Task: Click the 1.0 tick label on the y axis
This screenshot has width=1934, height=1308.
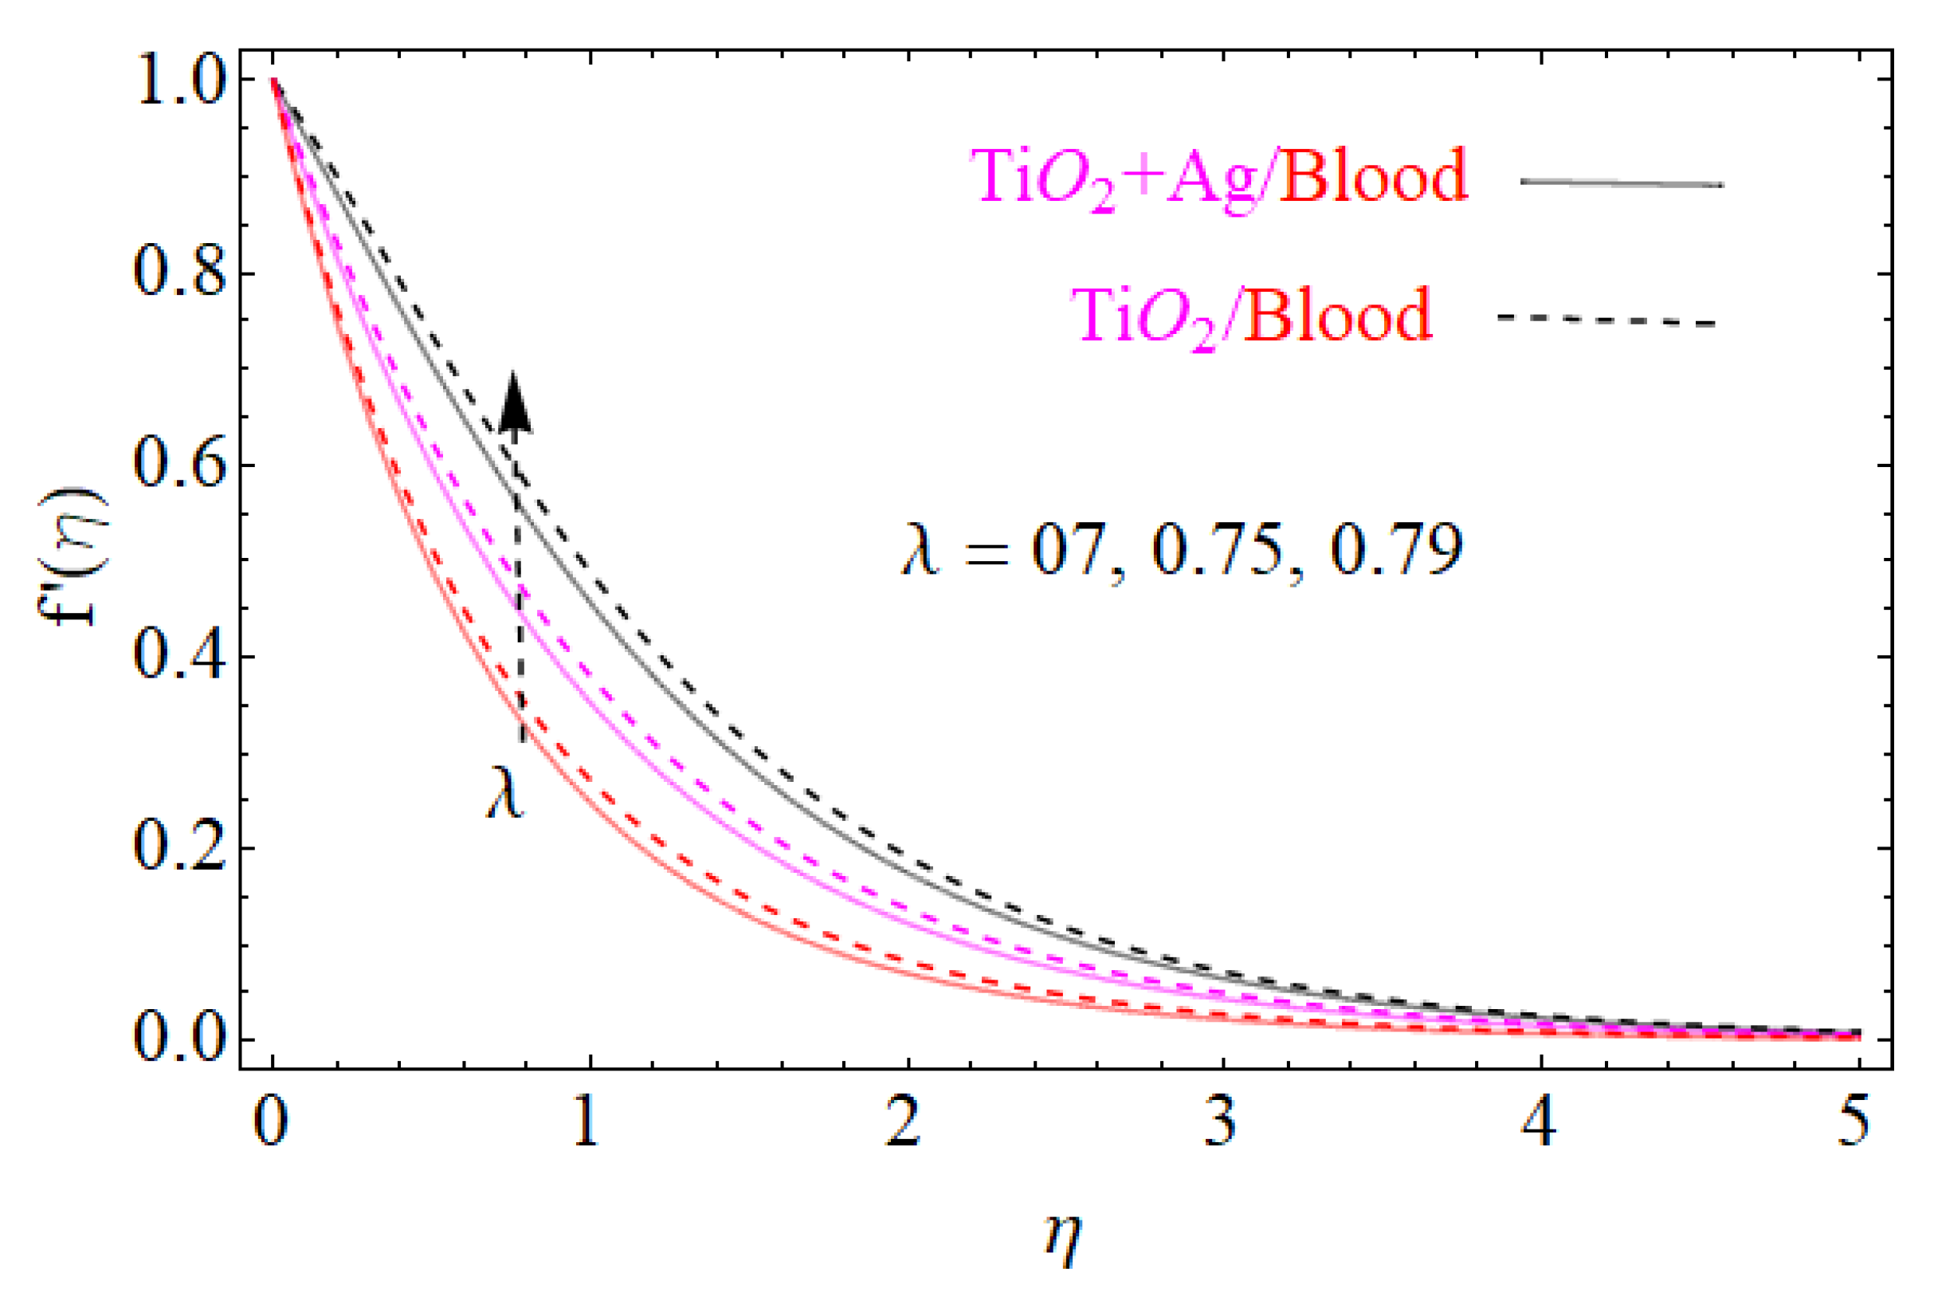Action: pyautogui.click(x=180, y=81)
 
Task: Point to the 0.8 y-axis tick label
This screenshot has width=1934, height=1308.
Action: pyautogui.click(x=180, y=274)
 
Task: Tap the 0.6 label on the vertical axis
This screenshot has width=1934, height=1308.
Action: pyautogui.click(x=180, y=465)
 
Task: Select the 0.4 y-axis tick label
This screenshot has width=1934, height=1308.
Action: pyautogui.click(x=180, y=657)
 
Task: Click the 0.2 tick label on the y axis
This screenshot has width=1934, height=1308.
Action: pyautogui.click(x=180, y=848)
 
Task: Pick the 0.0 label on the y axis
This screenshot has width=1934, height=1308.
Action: pyautogui.click(x=180, y=1040)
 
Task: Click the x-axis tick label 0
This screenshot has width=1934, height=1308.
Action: pyautogui.click(x=271, y=1121)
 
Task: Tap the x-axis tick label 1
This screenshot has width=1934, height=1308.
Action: pyautogui.click(x=587, y=1121)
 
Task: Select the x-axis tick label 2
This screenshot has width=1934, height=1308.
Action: pyautogui.click(x=904, y=1121)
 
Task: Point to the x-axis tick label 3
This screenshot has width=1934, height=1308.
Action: pyautogui.click(x=1221, y=1121)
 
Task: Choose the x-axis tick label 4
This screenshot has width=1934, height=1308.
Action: pyautogui.click(x=1540, y=1121)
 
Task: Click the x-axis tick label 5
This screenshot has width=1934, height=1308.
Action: pyautogui.click(x=1857, y=1121)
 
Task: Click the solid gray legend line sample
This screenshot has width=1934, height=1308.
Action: pyautogui.click(x=1622, y=183)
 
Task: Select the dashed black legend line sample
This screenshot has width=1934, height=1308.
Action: pyautogui.click(x=1607, y=320)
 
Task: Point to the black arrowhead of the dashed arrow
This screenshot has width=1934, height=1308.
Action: pyautogui.click(x=515, y=403)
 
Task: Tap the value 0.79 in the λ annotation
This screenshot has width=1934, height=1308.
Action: pyautogui.click(x=1395, y=550)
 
